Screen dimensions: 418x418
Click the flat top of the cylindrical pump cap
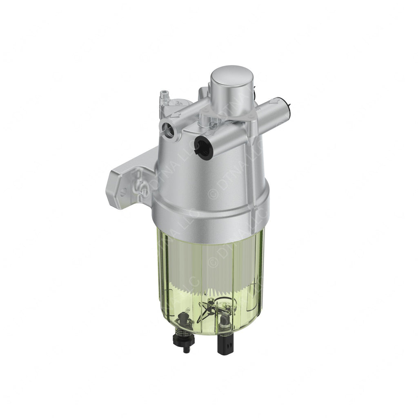coord(231,78)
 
